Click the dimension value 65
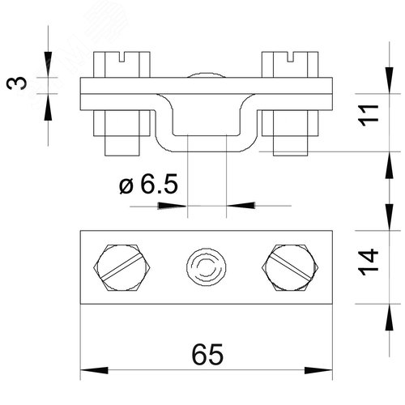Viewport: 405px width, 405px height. pyautogui.click(x=207, y=354)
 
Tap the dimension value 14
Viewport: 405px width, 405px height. pyautogui.click(x=369, y=262)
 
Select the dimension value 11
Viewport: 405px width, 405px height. pyautogui.click(x=369, y=115)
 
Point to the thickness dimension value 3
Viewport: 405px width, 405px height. pyautogui.click(x=17, y=83)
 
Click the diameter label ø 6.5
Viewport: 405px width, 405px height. pyautogui.click(x=148, y=184)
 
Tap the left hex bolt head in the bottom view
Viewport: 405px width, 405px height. pyautogui.click(x=122, y=267)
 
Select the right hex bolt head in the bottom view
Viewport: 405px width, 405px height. pyautogui.click(x=290, y=267)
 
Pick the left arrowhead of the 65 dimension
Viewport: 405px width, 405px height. pyautogui.click(x=94, y=370)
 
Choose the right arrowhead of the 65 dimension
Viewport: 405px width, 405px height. pyautogui.click(x=318, y=370)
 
